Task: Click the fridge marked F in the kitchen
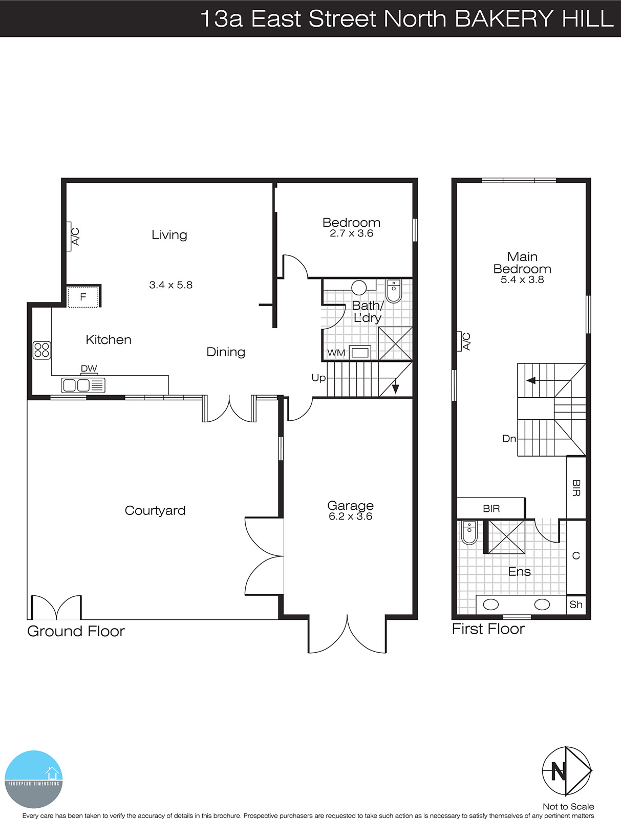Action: (x=83, y=297)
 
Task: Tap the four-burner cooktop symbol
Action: (x=42, y=350)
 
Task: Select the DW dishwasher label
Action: (x=89, y=369)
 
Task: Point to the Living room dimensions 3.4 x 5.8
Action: (x=170, y=285)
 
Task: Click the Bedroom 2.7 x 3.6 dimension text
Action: (x=351, y=233)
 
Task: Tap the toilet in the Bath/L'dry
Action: (x=393, y=291)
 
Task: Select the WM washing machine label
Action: (x=336, y=353)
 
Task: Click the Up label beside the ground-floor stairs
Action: (x=318, y=378)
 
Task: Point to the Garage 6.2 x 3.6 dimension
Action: (x=350, y=516)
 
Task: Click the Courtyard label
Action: (x=155, y=510)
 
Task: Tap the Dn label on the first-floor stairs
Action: (x=509, y=439)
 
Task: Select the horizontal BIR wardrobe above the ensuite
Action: (x=491, y=508)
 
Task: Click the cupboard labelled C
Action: (x=576, y=556)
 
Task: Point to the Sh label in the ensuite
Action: (x=576, y=605)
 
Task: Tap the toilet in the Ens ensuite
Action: (x=469, y=532)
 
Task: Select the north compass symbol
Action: (x=566, y=770)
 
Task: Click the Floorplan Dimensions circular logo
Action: (x=34, y=779)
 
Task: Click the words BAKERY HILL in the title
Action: (x=533, y=19)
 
